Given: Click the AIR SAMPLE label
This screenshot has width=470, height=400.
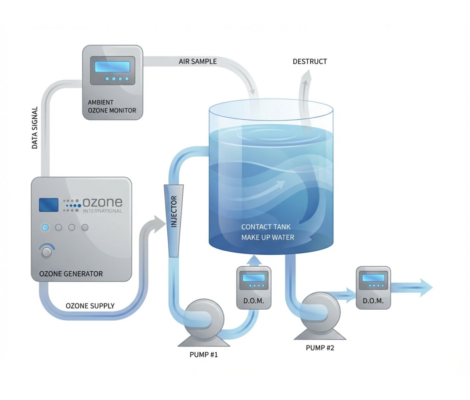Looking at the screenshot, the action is click(x=198, y=61).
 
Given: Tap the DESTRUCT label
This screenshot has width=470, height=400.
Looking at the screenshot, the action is click(x=310, y=61).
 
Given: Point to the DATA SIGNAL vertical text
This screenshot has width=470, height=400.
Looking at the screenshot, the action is click(x=35, y=128).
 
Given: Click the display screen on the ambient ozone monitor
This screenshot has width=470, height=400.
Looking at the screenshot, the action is click(x=112, y=67).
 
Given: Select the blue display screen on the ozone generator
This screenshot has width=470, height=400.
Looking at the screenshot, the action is click(x=48, y=205).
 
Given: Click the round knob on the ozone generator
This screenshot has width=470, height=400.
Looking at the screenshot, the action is click(x=47, y=252).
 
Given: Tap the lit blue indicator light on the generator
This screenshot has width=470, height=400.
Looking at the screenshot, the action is click(x=45, y=227).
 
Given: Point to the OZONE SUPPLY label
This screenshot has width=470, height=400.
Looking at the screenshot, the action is click(x=90, y=306).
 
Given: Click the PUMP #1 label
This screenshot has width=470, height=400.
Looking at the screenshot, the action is click(x=203, y=355).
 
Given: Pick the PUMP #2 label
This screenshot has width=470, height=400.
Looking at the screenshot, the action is click(x=320, y=348).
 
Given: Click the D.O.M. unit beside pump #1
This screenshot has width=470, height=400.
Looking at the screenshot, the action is click(x=254, y=288).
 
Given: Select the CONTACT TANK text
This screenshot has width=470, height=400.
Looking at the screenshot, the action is click(x=266, y=227).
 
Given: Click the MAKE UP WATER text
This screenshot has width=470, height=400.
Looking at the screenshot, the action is click(x=268, y=237).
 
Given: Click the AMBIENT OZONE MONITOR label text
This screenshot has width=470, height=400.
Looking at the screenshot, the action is click(x=112, y=106).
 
